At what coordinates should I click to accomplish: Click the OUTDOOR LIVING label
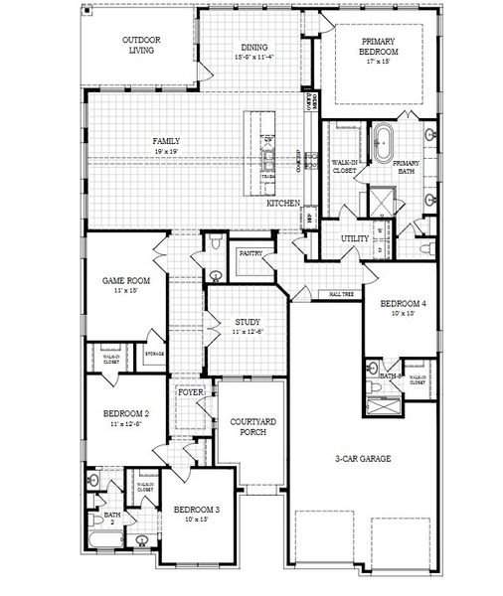pyautogui.click(x=141, y=46)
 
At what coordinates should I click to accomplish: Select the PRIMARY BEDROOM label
pyautogui.click(x=380, y=46)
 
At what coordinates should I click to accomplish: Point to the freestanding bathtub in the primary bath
pyautogui.click(x=383, y=143)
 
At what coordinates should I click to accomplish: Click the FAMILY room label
pyautogui.click(x=166, y=142)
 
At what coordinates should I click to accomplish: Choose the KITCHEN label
pyautogui.click(x=283, y=203)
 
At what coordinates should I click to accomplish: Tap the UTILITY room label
pyautogui.click(x=355, y=238)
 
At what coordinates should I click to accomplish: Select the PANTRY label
pyautogui.click(x=251, y=254)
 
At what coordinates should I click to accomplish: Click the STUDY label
pyautogui.click(x=248, y=322)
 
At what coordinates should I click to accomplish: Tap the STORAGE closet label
pyautogui.click(x=154, y=354)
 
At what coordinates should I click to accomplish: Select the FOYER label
pyautogui.click(x=191, y=393)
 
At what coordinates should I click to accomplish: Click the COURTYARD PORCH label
pyautogui.click(x=251, y=426)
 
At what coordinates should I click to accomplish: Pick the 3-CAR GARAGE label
pyautogui.click(x=361, y=458)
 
